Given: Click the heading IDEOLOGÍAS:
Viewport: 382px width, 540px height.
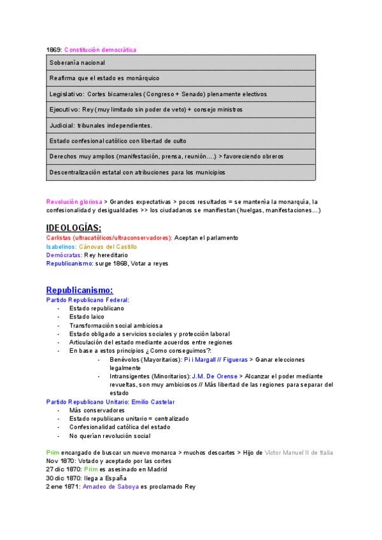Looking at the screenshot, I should click(x=73, y=228).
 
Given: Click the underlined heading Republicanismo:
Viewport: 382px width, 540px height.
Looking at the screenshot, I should click(x=80, y=290).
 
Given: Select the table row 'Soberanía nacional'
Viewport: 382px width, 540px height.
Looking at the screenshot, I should click(x=181, y=63).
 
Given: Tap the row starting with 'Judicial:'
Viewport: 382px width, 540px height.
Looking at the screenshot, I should click(x=181, y=125).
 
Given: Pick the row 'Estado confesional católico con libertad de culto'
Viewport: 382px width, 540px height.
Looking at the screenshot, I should click(x=181, y=141).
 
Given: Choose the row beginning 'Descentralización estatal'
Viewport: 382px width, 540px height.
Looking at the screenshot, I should click(x=181, y=172).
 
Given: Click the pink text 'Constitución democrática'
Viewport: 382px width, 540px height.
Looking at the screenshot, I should click(x=100, y=50).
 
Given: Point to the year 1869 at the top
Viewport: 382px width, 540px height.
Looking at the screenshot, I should click(x=53, y=50).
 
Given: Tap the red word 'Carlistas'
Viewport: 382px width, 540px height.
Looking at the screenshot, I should click(x=59, y=238).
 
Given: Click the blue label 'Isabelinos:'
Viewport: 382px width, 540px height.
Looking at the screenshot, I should click(x=61, y=246).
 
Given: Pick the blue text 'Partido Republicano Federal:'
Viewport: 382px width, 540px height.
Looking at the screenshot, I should click(x=87, y=299).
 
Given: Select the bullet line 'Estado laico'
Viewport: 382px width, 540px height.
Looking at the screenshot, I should click(x=87, y=316).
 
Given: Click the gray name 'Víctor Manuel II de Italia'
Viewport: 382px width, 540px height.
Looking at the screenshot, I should click(x=298, y=452).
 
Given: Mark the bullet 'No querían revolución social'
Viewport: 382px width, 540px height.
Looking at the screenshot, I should click(x=110, y=436).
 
